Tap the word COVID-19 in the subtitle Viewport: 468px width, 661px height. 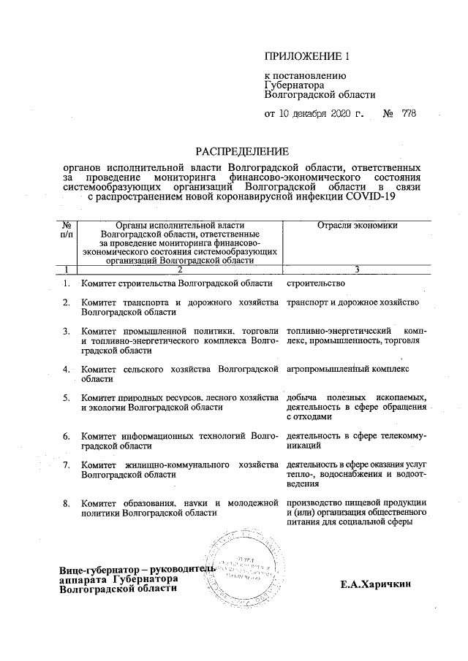(x=366, y=196)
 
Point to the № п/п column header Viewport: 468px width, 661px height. (x=67, y=230)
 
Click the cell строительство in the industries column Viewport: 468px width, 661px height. (x=315, y=282)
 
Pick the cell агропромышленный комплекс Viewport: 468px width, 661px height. (x=348, y=369)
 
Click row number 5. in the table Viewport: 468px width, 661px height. (x=66, y=398)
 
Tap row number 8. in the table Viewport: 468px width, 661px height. (x=66, y=503)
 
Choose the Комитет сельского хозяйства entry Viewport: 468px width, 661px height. (x=179, y=374)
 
